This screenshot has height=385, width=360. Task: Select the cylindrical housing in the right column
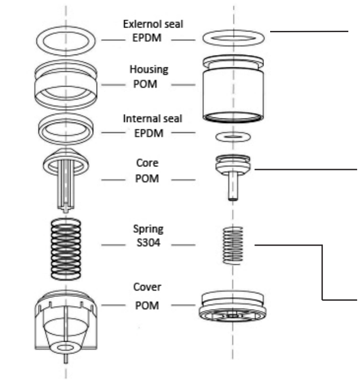[x=233, y=90]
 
